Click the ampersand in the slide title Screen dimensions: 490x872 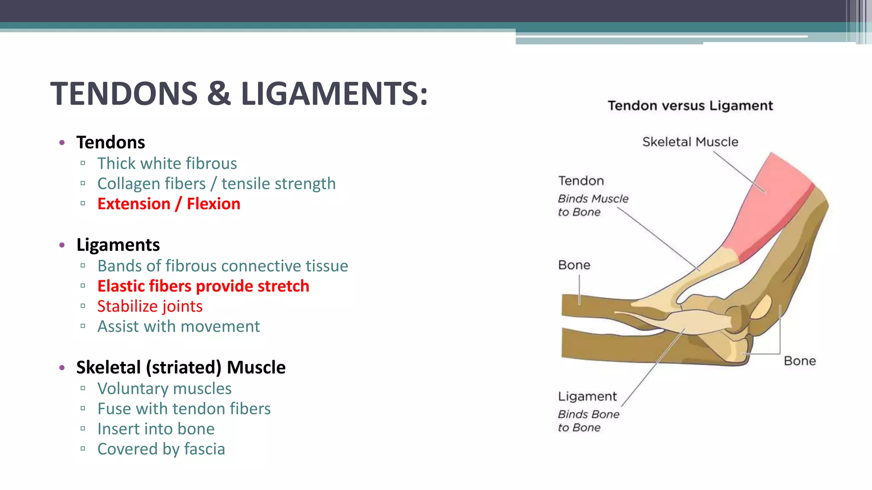(219, 94)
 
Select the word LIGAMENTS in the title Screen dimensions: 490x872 (334, 94)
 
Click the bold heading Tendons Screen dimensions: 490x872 (111, 142)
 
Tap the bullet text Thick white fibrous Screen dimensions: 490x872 (167, 163)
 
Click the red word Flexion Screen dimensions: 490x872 (213, 204)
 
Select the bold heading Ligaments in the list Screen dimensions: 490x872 (118, 245)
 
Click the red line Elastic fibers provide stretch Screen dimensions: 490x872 (203, 286)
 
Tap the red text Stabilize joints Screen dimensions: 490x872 (150, 306)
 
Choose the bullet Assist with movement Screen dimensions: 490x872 (178, 327)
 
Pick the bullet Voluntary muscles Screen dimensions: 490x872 (164, 389)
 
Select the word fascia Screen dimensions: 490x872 (204, 449)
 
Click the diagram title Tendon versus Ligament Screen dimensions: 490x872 (690, 105)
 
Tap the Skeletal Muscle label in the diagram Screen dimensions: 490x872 (690, 142)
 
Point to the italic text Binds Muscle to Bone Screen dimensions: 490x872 (593, 205)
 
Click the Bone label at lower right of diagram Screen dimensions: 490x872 (800, 361)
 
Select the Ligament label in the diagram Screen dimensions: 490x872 (587, 396)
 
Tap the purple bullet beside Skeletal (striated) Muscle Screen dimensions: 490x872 (62, 367)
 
